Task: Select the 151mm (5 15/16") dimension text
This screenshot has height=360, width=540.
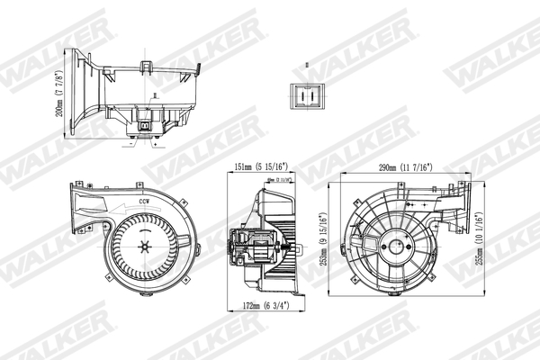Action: tap(260, 166)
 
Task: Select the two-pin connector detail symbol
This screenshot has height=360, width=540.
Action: tap(307, 92)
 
